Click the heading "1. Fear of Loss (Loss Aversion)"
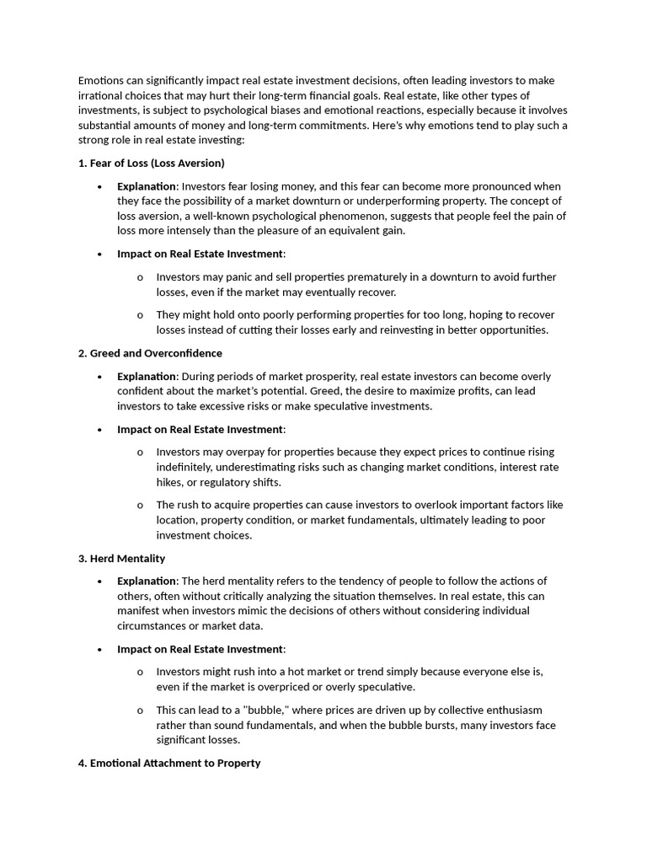pos(151,163)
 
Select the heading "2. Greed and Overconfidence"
pos(150,353)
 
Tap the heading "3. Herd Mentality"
pos(121,559)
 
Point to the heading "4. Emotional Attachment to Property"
pos(168,763)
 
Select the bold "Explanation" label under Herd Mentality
pos(147,582)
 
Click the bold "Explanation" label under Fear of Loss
pos(147,186)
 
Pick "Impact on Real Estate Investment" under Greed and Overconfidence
pos(201,429)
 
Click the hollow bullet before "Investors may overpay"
pos(140,453)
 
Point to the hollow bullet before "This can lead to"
pos(140,710)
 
